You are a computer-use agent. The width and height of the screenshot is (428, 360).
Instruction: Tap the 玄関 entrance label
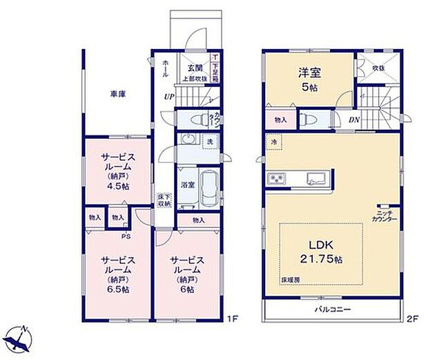(x=194, y=68)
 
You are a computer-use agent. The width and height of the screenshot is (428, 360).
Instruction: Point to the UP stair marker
(x=168, y=97)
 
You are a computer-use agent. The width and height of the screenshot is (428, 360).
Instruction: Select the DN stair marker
(x=354, y=119)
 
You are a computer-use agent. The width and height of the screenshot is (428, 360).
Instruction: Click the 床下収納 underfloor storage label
(x=164, y=200)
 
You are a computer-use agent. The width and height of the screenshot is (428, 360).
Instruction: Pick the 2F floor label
(x=411, y=319)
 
